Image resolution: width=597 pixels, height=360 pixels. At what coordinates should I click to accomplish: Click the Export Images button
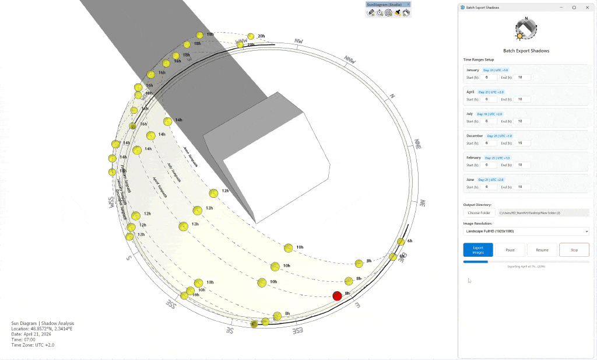478,250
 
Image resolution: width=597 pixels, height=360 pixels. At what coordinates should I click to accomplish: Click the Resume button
542,250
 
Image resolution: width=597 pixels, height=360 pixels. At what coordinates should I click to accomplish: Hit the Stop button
574,250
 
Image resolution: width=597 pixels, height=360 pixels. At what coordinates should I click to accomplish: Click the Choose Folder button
479,213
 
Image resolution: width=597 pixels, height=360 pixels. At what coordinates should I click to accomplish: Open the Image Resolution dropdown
526,231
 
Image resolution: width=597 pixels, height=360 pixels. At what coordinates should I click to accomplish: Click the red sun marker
337,296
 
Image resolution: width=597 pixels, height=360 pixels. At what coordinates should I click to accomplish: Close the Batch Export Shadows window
587,8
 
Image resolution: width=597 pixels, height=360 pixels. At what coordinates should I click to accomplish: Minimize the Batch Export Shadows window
561,8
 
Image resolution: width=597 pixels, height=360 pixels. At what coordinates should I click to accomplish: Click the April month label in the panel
470,92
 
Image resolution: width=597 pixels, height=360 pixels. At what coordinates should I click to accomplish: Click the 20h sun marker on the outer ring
251,36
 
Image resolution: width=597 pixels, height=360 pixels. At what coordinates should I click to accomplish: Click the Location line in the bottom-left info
40,328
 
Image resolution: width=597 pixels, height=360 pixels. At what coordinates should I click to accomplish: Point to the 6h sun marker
401,242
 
